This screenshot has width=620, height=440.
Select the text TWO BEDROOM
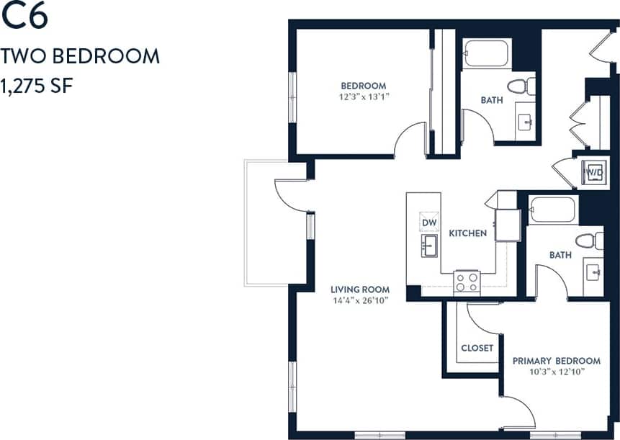[79, 55]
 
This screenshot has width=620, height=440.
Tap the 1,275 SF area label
[38, 86]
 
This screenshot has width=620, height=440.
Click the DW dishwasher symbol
[430, 221]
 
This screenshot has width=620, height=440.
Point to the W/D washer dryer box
[593, 173]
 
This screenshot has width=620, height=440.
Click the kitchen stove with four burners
[467, 281]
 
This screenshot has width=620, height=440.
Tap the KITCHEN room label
[468, 233]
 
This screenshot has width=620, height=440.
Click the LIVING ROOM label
[360, 289]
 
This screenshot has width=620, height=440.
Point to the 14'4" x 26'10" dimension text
[360, 301]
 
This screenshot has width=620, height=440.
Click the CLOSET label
[477, 348]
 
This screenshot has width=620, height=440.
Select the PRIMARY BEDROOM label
[556, 361]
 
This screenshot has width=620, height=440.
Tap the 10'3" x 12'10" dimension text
[556, 372]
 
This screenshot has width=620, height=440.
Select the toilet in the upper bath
[521, 87]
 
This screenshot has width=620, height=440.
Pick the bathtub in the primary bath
[552, 210]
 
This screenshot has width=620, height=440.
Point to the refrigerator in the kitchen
[507, 224]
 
